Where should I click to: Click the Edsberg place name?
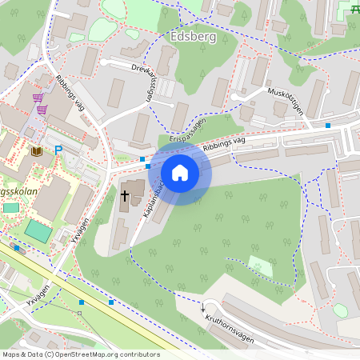[x=194, y=37]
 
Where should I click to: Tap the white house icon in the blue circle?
[x=180, y=173]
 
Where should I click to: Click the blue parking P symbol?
[x=58, y=150]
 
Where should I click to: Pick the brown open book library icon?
[x=36, y=150]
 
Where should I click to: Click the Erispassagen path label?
[x=189, y=131]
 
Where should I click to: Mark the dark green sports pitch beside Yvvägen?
[x=37, y=232]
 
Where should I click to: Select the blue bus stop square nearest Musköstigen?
[x=327, y=125]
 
